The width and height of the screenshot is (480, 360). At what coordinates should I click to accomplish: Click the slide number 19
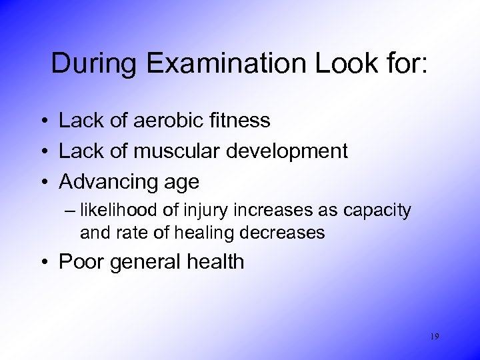pyautogui.click(x=435, y=337)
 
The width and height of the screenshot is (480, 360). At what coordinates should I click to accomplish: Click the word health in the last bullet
pyautogui.click(x=213, y=262)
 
